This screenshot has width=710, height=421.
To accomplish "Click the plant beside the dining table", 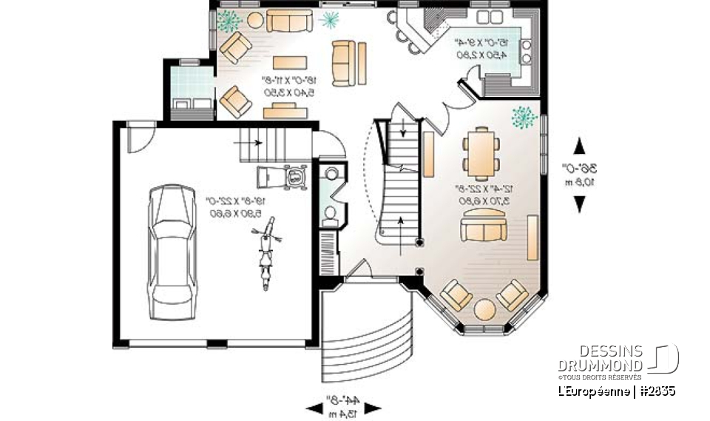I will click(x=524, y=117).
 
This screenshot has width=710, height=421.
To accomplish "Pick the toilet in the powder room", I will click(x=330, y=215).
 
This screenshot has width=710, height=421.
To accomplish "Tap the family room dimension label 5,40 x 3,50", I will click(x=289, y=91).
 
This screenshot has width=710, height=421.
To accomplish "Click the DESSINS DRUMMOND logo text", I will click(x=600, y=358).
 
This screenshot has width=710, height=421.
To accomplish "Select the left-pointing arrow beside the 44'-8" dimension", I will click(x=312, y=407).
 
